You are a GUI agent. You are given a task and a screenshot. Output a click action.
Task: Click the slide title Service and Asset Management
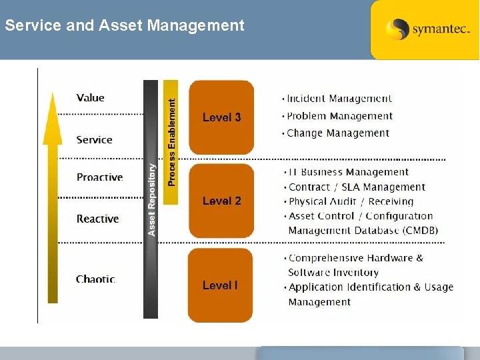[125, 26]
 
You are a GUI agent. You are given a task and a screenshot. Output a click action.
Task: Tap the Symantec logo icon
[397, 29]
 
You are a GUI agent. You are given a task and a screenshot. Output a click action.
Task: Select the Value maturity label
[91, 98]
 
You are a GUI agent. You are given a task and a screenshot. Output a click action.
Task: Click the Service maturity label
[94, 139]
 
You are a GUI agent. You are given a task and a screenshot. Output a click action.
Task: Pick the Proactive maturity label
[99, 177]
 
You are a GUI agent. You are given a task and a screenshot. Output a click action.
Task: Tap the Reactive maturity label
[97, 219]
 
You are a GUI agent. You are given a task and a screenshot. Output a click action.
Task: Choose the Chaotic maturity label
[95, 279]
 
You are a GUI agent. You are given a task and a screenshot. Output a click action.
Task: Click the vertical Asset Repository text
[151, 200]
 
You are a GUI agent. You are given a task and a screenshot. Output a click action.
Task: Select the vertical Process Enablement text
[171, 142]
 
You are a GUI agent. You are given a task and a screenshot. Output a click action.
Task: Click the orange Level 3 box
[221, 117]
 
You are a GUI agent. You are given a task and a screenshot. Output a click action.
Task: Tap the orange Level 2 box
[221, 201]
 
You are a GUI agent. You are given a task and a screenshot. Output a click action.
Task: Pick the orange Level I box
[220, 285]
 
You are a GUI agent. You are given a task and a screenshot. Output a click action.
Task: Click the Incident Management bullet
[339, 99]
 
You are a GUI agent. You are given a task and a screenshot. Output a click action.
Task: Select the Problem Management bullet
[339, 116]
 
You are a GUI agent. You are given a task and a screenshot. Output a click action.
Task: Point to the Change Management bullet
[337, 133]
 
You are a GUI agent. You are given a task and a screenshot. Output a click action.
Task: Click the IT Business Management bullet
[348, 173]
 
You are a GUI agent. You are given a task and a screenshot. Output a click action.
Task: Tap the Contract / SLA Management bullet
[356, 187]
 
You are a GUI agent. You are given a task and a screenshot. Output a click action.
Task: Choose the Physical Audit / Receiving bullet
[351, 201]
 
